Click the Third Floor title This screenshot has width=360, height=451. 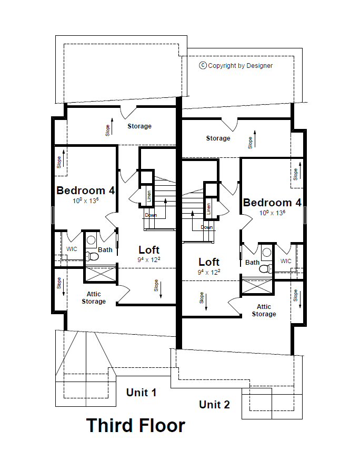click(136, 425)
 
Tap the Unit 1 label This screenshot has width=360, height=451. click(141, 393)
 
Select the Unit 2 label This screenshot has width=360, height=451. click(214, 404)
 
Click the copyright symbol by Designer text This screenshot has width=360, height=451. click(203, 66)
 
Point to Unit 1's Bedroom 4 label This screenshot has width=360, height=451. click(85, 191)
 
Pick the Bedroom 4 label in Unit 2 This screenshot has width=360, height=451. click(272, 203)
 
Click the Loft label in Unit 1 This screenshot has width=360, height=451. click(149, 249)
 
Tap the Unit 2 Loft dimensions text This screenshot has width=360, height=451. click(209, 272)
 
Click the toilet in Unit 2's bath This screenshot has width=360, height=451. click(266, 268)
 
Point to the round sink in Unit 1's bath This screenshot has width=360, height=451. click(91, 240)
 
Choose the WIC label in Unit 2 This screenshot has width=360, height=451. click(286, 261)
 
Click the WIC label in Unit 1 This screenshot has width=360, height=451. click(72, 249)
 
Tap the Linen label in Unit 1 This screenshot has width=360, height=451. click(149, 196)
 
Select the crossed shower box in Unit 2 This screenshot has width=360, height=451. click(257, 287)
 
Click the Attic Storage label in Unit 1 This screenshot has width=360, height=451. click(94, 298)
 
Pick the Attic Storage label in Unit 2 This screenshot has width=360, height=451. click(264, 310)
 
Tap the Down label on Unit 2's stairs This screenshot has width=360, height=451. click(207, 227)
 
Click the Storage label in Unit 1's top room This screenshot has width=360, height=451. click(139, 126)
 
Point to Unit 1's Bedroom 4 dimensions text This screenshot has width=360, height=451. click(85, 201)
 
